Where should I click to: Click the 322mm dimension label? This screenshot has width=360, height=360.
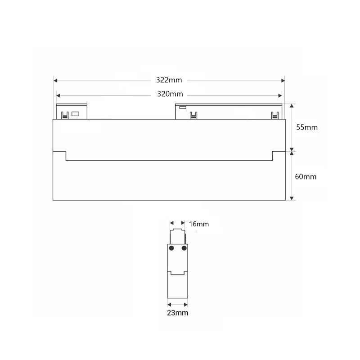(169, 80)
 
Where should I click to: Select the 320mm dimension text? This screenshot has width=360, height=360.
(170, 94)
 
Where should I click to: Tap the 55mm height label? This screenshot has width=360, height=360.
(306, 127)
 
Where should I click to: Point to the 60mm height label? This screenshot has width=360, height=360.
(306, 176)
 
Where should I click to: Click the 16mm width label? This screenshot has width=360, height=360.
(199, 224)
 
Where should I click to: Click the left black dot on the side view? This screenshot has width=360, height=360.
(171, 248)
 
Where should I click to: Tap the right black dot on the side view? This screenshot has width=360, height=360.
(184, 248)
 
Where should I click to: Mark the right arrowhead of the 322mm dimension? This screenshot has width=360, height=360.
(283, 81)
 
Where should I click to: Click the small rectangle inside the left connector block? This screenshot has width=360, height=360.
(76, 114)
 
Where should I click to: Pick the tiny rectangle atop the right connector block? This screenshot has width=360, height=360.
(182, 108)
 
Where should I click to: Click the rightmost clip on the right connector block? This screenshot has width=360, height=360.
(274, 116)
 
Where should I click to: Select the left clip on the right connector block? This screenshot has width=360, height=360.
(193, 116)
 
